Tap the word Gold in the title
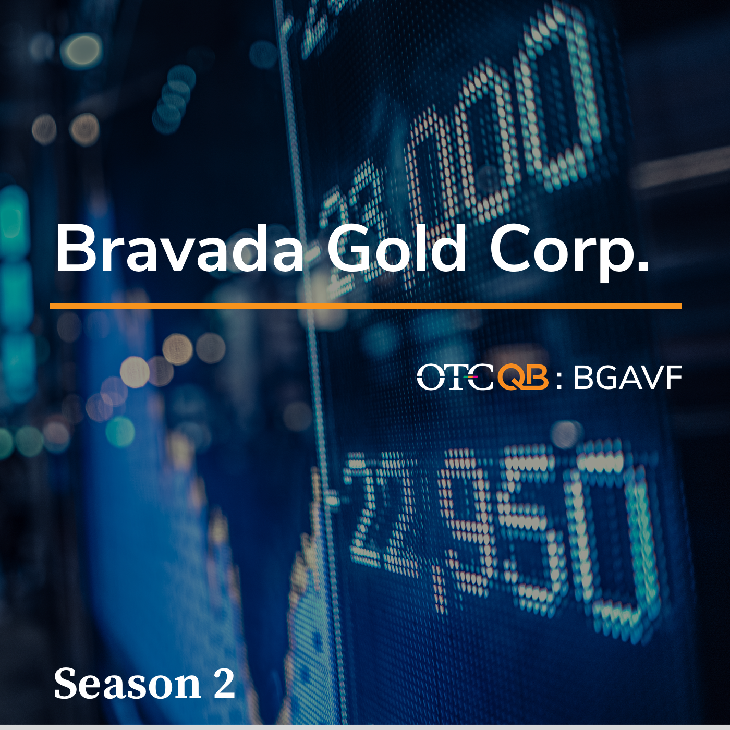397,248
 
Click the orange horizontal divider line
366,307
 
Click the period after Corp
643,266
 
